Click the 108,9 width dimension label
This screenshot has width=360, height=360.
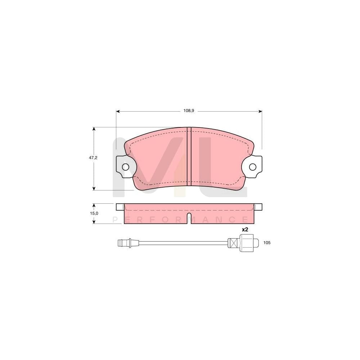pyautogui.click(x=189, y=111)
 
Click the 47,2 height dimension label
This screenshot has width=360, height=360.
pyautogui.click(x=94, y=158)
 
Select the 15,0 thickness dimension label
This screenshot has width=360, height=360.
pyautogui.click(x=94, y=213)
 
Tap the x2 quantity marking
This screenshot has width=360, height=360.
pyautogui.click(x=245, y=230)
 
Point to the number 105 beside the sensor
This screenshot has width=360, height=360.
pyautogui.click(x=267, y=243)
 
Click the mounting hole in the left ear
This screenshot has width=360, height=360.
pyautogui.click(x=125, y=167)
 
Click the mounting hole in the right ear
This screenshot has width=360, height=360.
pyautogui.click(x=253, y=167)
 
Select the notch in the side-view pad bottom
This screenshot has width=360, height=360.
pyautogui.click(x=189, y=218)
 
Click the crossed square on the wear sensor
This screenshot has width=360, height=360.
pyautogui.click(x=233, y=243)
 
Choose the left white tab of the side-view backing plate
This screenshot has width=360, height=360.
pyautogui.click(x=120, y=207)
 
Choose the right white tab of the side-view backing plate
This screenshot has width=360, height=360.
pyautogui.click(x=258, y=207)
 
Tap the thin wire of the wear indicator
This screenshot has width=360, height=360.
pyautogui.click(x=180, y=243)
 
